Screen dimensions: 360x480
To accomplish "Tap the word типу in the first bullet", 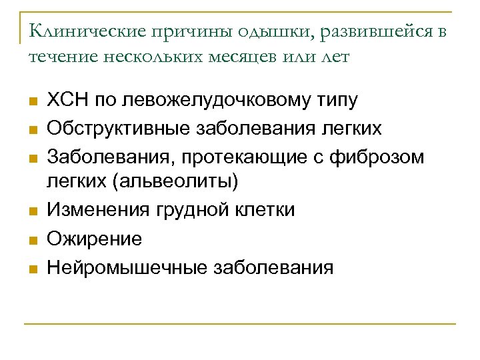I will (x=337, y=101).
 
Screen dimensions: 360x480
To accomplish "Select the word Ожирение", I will (x=95, y=239).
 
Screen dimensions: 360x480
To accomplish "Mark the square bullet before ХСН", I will (x=34, y=102).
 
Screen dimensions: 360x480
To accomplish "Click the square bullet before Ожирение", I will (x=34, y=240).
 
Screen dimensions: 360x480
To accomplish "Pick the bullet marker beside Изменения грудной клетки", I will (x=34, y=211).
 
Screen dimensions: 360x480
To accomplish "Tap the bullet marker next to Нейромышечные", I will (x=34, y=269).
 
